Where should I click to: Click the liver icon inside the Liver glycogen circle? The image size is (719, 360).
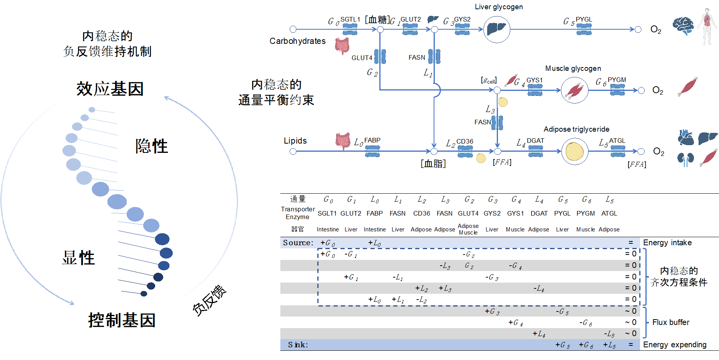point(496,29)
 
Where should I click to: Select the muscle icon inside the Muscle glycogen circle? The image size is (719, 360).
point(575,90)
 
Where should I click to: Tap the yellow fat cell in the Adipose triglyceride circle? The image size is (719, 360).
point(575,152)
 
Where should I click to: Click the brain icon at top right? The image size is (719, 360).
point(683,26)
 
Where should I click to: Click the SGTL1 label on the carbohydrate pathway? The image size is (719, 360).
point(350,19)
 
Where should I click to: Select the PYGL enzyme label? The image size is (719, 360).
point(584,19)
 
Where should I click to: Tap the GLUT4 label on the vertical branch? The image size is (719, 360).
point(362,58)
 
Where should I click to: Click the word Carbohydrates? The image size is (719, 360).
point(297,41)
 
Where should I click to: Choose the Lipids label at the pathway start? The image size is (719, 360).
point(295,141)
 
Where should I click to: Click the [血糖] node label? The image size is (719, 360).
point(377,20)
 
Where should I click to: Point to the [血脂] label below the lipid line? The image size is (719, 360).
point(433,164)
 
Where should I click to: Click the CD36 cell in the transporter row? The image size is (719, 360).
point(421,213)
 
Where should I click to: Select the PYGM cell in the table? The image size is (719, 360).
point(585,213)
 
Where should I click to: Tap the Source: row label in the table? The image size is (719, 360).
point(298,243)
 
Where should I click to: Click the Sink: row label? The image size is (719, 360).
point(298,345)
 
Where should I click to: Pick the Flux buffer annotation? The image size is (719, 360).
point(670,322)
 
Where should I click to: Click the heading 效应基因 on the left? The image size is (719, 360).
point(110,89)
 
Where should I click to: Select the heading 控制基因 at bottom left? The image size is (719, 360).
point(122,320)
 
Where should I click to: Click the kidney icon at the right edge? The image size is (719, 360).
point(685,159)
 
